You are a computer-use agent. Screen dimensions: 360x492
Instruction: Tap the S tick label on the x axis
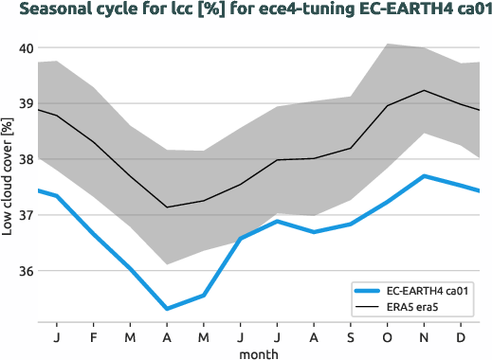coord(350,336)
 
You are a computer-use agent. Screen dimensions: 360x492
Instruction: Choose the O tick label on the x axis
coord(387,336)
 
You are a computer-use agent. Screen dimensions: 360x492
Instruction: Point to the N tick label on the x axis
coord(423,336)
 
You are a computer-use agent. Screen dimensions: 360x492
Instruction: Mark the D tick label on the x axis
coord(460,336)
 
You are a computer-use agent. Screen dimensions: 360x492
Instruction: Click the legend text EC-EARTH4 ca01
coord(427,291)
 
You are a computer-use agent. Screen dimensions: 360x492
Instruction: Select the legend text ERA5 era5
coord(413,308)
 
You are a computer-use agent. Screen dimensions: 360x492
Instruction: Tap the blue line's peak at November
coord(423,176)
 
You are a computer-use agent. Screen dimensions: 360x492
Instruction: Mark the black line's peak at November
coord(423,90)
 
